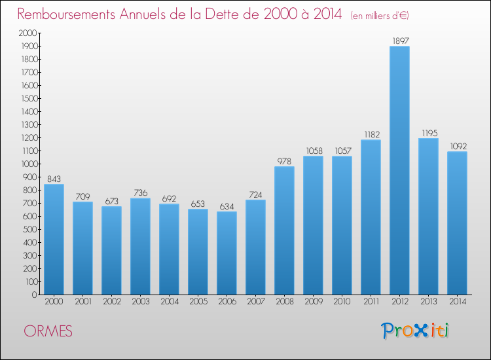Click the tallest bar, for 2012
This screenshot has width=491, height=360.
399,170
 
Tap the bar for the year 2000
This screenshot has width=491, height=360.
54,239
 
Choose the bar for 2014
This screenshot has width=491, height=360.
457,223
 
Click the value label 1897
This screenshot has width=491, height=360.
400,41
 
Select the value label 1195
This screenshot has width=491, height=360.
429,132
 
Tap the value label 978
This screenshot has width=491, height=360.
284,160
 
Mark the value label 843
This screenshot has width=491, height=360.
54,178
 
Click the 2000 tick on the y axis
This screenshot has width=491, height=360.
27,33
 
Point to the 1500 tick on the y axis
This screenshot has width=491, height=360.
27,98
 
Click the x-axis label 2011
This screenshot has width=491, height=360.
371,301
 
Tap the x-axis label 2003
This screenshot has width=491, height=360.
140,301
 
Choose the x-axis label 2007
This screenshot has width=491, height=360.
255,301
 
